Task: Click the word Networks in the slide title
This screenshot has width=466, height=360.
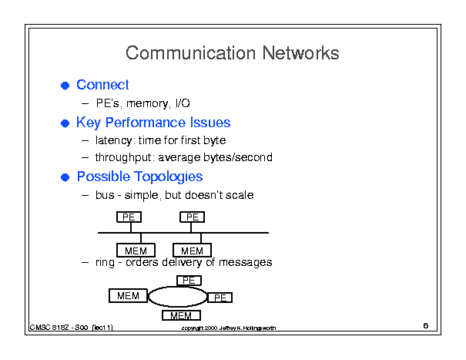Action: pyautogui.click(x=300, y=53)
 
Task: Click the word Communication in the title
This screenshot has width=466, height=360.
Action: pyautogui.click(x=190, y=53)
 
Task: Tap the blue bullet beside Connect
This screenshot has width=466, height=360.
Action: pyautogui.click(x=65, y=86)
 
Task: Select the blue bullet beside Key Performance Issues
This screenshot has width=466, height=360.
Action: pyautogui.click(x=65, y=123)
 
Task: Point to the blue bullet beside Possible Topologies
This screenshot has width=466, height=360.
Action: pyautogui.click(x=65, y=177)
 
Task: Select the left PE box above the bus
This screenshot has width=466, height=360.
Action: pyautogui.click(x=129, y=217)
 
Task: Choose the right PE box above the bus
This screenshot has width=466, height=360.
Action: pyautogui.click(x=193, y=217)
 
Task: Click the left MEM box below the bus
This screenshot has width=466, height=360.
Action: pyautogui.click(x=136, y=251)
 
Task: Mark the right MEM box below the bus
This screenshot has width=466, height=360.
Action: pyautogui.click(x=192, y=251)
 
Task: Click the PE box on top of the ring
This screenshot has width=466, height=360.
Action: pyautogui.click(x=189, y=281)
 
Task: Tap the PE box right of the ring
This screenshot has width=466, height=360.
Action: pyautogui.click(x=220, y=298)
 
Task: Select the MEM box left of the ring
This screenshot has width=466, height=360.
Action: pyautogui.click(x=128, y=296)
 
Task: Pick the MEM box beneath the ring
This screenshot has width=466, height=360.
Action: pyautogui.click(x=181, y=315)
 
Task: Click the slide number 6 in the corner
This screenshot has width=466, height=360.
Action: pyautogui.click(x=426, y=325)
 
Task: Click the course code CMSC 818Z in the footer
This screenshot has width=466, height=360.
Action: pyautogui.click(x=49, y=328)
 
